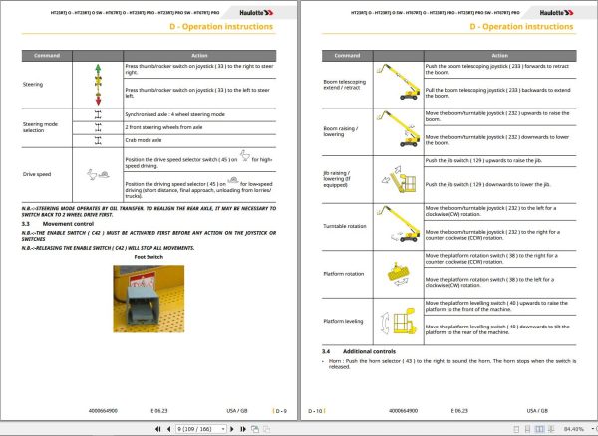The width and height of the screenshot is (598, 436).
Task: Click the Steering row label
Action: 33,85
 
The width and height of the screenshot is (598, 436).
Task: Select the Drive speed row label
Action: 38,174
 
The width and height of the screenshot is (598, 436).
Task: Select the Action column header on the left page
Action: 199,56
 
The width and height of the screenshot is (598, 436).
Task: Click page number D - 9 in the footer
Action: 281,409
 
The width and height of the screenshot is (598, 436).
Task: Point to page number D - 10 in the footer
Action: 316,409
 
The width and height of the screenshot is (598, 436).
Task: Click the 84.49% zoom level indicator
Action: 576,428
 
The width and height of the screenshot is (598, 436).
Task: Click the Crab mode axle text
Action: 146,139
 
